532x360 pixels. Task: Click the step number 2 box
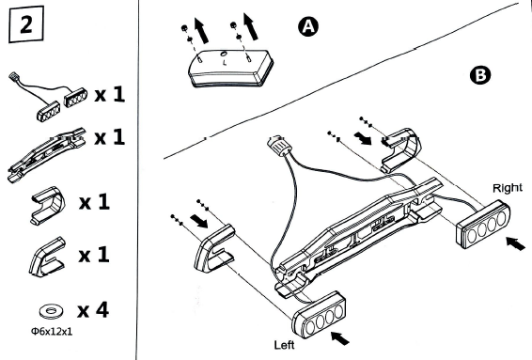pos(26,24)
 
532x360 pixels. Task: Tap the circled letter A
pos(308,26)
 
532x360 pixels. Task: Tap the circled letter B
pos(480,75)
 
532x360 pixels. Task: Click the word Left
pos(284,345)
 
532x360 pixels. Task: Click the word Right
pos(508,188)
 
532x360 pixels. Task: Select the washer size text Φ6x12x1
pos(52,331)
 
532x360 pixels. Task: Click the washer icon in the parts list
pos(52,310)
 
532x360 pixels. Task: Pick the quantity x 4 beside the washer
pos(93,310)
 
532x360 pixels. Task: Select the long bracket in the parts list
pos(46,154)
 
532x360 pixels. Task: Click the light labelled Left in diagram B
pos(319,315)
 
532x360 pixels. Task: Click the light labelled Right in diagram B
pos(483,224)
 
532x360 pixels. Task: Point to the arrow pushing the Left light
pos(339,338)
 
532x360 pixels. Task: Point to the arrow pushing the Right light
pos(515,243)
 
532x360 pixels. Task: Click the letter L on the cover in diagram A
pos(225,63)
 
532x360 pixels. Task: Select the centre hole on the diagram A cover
pos(224,54)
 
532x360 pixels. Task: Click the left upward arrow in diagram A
pos(201,31)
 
